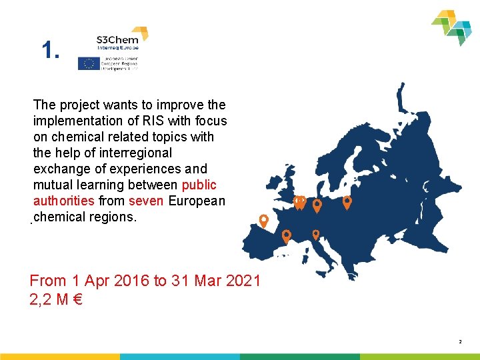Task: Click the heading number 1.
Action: (x=51, y=50)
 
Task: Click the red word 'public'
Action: (x=199, y=185)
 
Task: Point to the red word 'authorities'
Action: (x=63, y=201)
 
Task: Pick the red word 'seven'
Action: (x=145, y=201)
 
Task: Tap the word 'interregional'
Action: (x=134, y=153)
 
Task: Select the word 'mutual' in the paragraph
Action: (x=53, y=185)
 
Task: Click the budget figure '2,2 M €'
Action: (x=56, y=300)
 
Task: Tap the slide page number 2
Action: (x=460, y=342)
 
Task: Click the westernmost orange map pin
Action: (x=264, y=220)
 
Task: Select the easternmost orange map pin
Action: (x=347, y=201)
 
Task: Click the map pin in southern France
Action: (x=287, y=235)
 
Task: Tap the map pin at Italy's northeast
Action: (x=316, y=233)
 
